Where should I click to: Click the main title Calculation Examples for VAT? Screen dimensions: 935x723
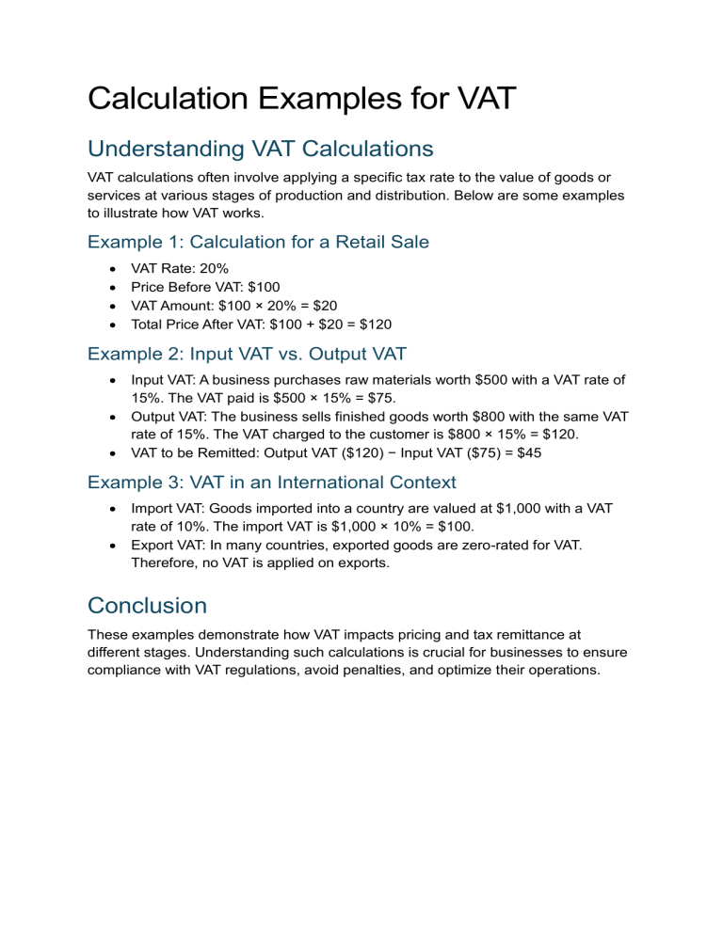click(x=301, y=98)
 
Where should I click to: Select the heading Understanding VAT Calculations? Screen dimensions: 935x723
click(x=260, y=149)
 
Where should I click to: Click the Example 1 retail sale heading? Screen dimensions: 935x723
click(x=258, y=242)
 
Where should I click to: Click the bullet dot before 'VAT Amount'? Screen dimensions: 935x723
click(x=113, y=306)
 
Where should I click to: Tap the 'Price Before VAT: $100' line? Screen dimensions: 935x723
click(x=205, y=287)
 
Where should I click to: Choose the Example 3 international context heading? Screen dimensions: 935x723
click(x=271, y=483)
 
